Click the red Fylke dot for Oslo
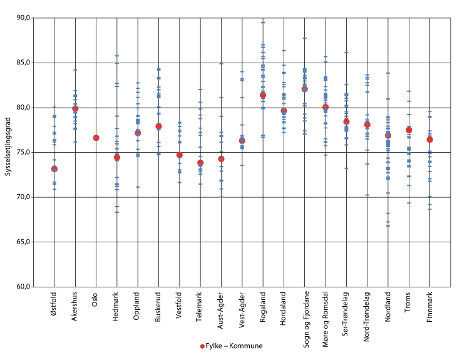96,138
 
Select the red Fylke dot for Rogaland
263,95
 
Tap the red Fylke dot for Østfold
54,169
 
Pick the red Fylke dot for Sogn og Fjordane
305,89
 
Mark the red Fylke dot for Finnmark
429,140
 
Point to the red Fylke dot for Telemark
200,163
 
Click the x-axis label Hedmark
117,307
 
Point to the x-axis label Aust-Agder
222,310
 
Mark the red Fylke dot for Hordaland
284,111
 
